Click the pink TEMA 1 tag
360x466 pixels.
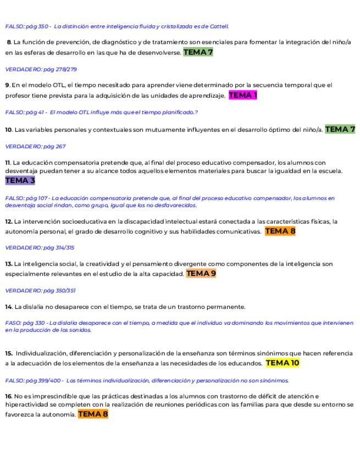(242, 95)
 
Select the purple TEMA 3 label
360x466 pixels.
(20, 180)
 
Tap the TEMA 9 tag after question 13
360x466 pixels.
(201, 273)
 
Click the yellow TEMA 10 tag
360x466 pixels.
(283, 363)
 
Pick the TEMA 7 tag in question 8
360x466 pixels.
(198, 52)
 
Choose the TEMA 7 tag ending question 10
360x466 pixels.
(340, 129)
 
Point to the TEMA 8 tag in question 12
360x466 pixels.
(280, 231)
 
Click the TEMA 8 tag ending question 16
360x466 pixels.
(93, 414)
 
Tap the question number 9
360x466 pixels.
(8, 85)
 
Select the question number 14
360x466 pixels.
(9, 307)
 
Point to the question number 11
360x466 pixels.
(8, 163)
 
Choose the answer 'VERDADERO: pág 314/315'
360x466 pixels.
(40, 248)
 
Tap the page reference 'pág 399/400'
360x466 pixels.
(44, 380)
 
